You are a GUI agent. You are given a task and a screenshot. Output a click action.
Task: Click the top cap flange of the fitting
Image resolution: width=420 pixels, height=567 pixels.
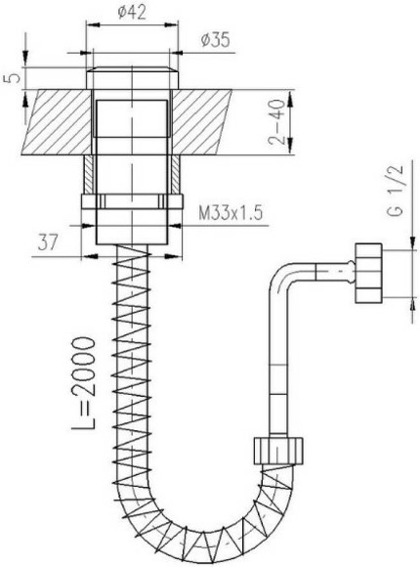click(132, 77)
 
